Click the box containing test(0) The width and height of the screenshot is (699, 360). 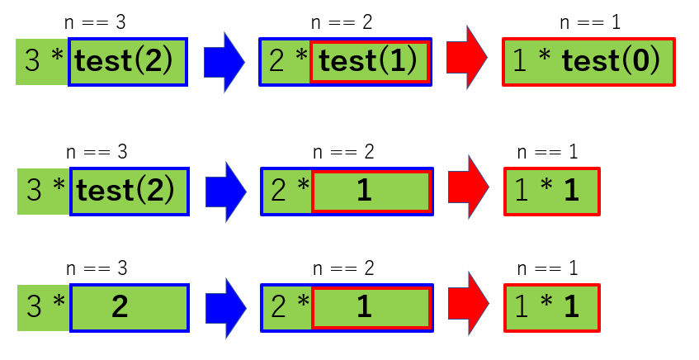tap(588, 61)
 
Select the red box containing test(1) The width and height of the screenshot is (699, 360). tap(371, 61)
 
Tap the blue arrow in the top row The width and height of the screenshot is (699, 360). tap(224, 60)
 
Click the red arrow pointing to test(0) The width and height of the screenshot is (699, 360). tap(467, 60)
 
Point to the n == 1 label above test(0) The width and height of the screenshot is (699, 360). tap(590, 22)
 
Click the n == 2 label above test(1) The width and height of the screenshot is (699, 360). tap(343, 22)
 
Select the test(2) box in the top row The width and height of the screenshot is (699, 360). tap(128, 62)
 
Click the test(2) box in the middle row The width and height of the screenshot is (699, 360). tap(128, 191)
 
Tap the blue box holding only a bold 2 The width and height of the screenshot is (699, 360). tap(129, 308)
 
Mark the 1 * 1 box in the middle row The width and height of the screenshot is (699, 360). tap(551, 191)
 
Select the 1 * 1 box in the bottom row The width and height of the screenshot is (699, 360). tap(551, 307)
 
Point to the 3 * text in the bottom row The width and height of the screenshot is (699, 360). tap(45, 308)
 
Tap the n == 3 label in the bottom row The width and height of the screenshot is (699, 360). tap(96, 268)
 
